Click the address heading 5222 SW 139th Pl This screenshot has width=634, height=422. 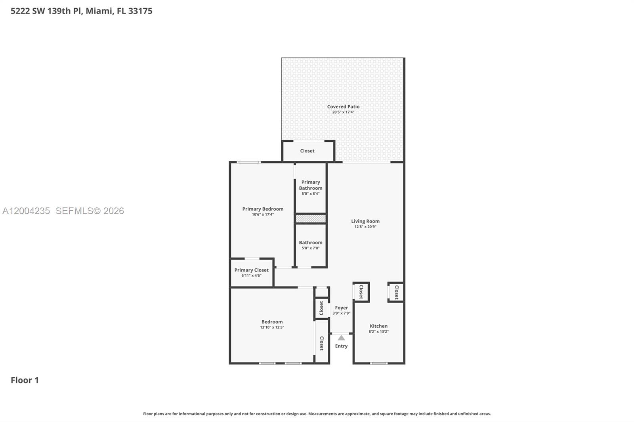[81, 11]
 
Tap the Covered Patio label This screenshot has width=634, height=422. [343, 106]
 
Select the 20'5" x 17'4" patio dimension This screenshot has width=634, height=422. [343, 112]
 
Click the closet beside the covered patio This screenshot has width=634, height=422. [307, 151]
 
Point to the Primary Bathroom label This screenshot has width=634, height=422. [311, 185]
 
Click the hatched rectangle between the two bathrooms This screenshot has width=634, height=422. [311, 219]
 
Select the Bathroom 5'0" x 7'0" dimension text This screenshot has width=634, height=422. [311, 248]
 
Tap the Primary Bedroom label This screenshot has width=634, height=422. [263, 209]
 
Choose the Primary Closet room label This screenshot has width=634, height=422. [251, 270]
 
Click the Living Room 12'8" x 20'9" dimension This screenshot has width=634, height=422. [365, 227]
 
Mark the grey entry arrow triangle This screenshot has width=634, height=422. [341, 338]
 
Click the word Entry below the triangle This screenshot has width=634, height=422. [341, 346]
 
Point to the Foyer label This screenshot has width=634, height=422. [341, 308]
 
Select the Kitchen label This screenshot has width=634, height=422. [378, 326]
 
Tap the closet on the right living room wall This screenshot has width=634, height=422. [396, 292]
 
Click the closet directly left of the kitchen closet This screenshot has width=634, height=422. [361, 292]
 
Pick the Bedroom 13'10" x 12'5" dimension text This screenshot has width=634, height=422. [272, 327]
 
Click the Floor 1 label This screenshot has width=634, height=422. [25, 380]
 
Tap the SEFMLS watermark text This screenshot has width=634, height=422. [90, 211]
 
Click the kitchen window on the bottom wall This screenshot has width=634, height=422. [378, 363]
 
